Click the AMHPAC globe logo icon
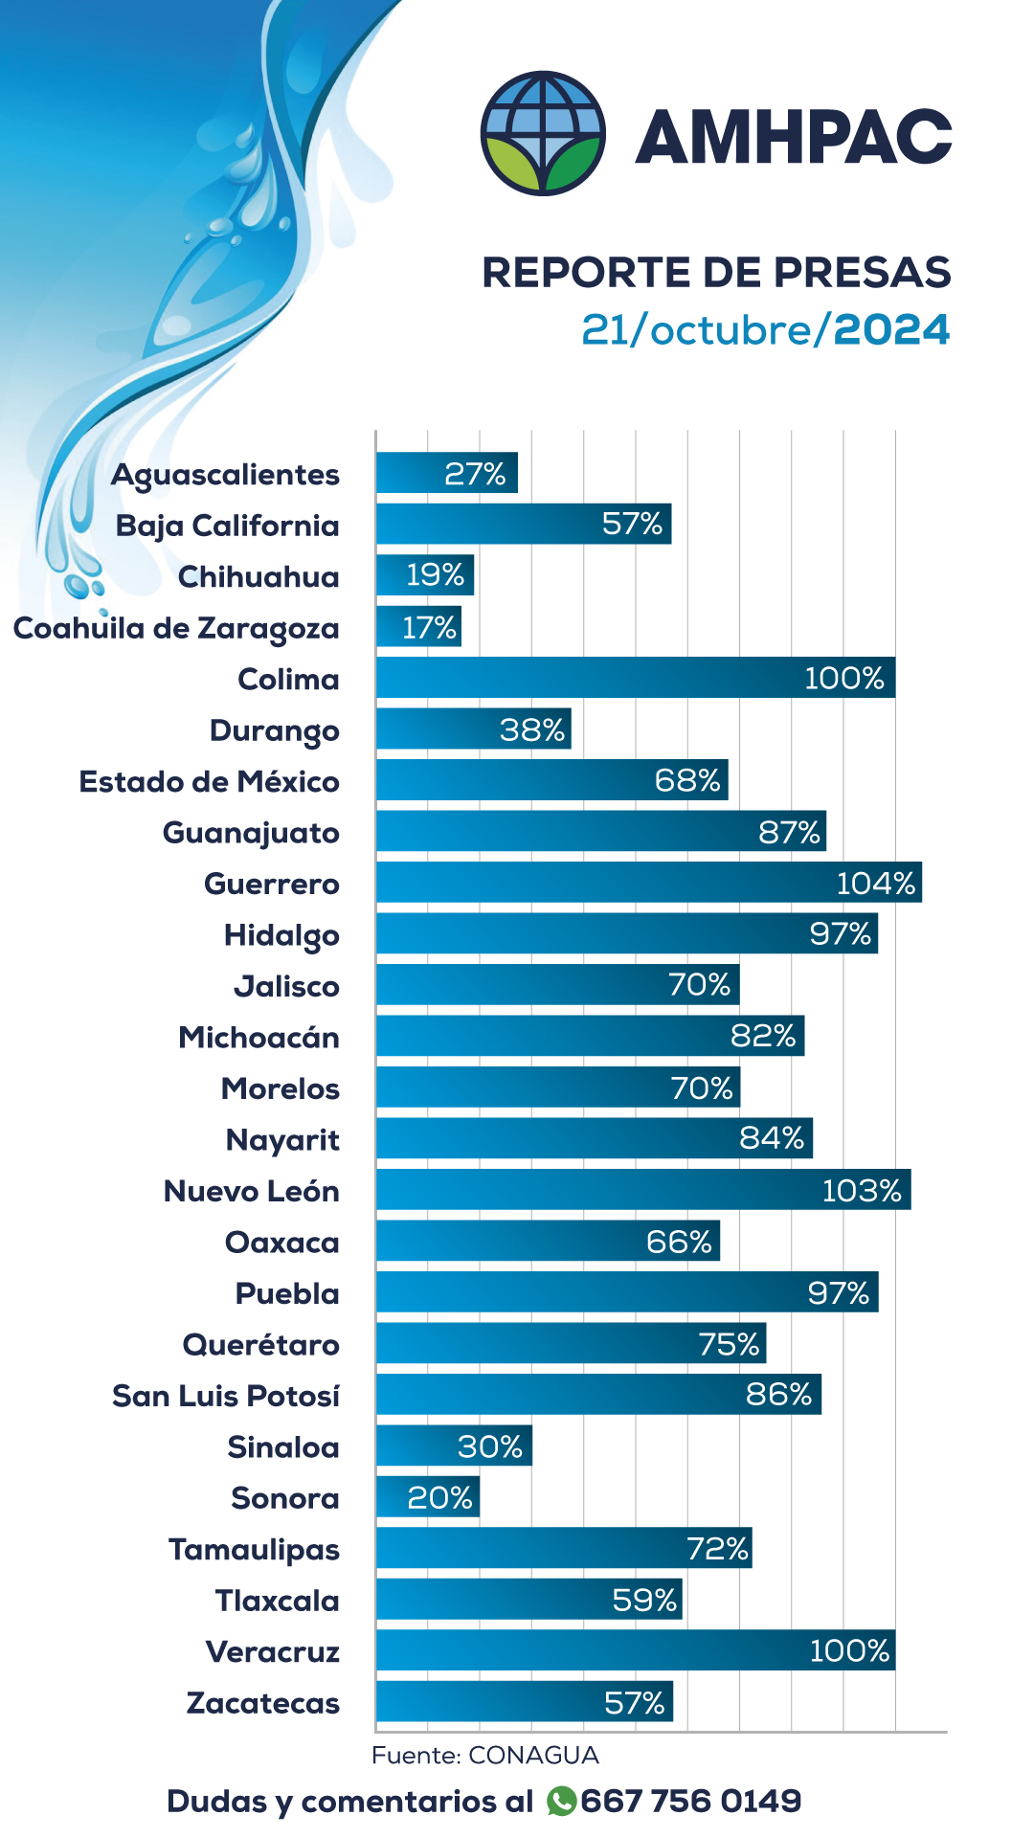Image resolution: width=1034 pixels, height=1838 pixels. (x=543, y=133)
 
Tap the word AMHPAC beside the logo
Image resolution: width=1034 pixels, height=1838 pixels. (x=794, y=136)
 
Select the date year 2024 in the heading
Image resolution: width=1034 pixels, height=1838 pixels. (x=891, y=329)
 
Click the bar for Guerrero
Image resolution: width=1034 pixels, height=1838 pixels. (x=648, y=883)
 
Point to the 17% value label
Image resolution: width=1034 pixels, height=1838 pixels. (x=429, y=627)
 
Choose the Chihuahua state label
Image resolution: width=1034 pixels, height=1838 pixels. (x=258, y=577)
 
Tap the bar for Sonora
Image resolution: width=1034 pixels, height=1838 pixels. (x=427, y=1497)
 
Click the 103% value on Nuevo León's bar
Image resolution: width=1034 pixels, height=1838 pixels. (x=862, y=1190)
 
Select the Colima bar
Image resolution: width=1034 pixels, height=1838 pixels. (x=635, y=678)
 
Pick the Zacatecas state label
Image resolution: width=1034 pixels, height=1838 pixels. (x=263, y=1704)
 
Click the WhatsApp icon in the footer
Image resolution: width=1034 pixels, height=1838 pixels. (x=561, y=1801)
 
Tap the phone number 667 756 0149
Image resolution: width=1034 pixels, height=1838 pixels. (x=690, y=1801)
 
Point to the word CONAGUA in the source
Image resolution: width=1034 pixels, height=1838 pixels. (x=533, y=1755)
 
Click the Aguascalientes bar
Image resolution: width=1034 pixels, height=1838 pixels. (x=446, y=473)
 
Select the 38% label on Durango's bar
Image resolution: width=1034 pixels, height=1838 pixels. (x=532, y=729)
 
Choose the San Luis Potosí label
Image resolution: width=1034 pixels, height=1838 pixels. (x=226, y=1396)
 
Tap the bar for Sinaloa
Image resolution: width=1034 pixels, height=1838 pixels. (x=453, y=1446)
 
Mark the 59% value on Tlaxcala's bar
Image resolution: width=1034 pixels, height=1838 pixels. (x=644, y=1600)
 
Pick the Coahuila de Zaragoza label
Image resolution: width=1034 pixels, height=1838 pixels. (x=176, y=629)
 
